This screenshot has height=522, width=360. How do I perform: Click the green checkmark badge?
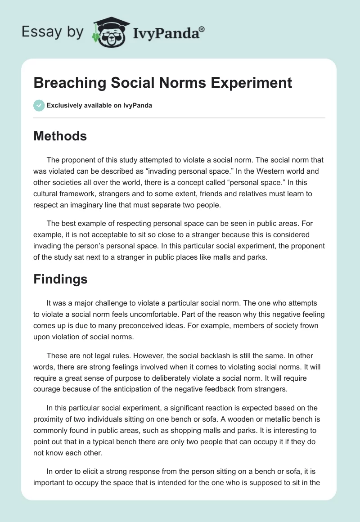tap(39, 105)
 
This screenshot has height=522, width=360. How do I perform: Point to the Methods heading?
tap(60, 136)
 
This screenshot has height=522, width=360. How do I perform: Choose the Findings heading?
tap(60, 279)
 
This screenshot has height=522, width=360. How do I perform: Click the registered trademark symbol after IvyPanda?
tap(202, 29)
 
